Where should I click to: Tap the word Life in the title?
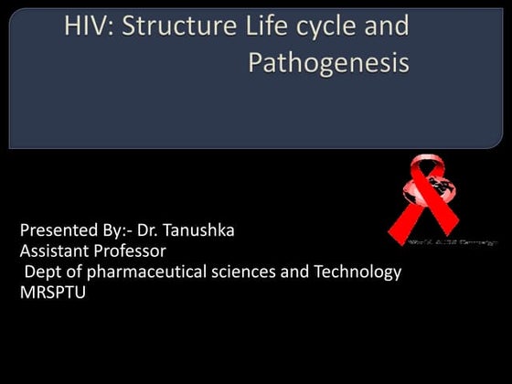(261, 27)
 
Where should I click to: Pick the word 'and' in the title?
(387, 27)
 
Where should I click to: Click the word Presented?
(57, 230)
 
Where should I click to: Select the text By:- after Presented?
(117, 230)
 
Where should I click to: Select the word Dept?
(42, 272)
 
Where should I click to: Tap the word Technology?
(357, 272)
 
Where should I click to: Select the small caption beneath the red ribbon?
(452, 243)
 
